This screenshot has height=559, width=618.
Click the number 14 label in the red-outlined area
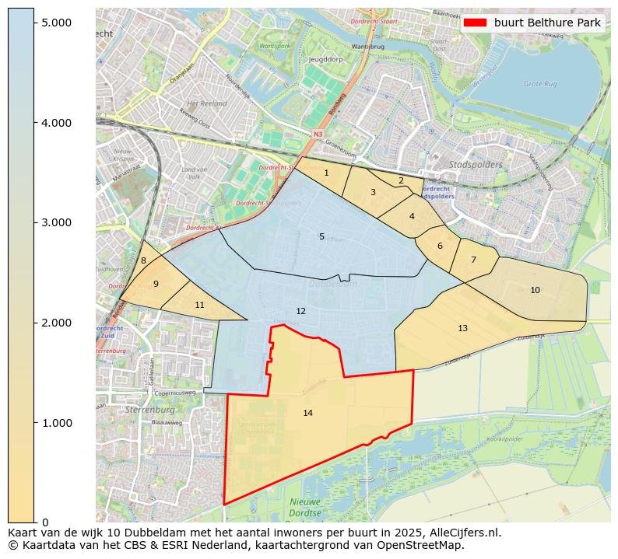pos(308,413)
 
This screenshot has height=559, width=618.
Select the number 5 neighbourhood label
pos(321,236)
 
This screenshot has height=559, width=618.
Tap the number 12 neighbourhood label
pos(300,311)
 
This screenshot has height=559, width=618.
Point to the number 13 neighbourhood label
pos(462,328)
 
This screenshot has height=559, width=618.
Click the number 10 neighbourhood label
pos(535,290)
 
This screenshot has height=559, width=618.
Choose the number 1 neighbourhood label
pos(326,173)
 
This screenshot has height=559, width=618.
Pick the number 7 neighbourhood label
pos(472,260)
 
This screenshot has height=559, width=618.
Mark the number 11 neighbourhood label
pos(199,305)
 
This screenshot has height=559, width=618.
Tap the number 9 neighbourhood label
pos(156,284)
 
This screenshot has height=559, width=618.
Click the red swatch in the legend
pos(475,23)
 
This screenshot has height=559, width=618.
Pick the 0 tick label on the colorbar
pos(44,522)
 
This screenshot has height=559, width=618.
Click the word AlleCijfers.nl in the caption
pos(455,533)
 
